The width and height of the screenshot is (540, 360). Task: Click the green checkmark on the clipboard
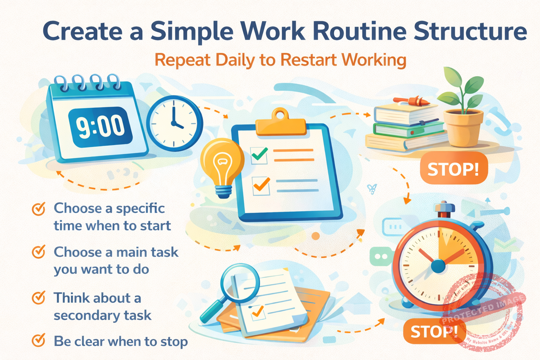tap(259, 154)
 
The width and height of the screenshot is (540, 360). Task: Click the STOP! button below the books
tap(454, 169)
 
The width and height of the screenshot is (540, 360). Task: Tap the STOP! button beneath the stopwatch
tap(434, 331)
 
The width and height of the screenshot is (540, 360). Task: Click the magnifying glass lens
tap(240, 283)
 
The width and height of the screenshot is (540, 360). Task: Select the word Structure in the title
tap(470, 31)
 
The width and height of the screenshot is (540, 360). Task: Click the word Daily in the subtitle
tap(235, 60)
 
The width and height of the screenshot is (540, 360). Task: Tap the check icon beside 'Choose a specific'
tap(39, 208)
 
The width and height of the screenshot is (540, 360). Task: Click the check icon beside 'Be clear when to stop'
tap(39, 340)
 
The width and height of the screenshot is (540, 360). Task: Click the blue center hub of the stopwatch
tap(438, 266)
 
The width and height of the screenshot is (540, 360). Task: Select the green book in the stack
tap(408, 130)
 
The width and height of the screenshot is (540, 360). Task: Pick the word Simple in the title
tap(192, 31)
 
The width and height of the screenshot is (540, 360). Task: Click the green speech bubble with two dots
tap(381, 256)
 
